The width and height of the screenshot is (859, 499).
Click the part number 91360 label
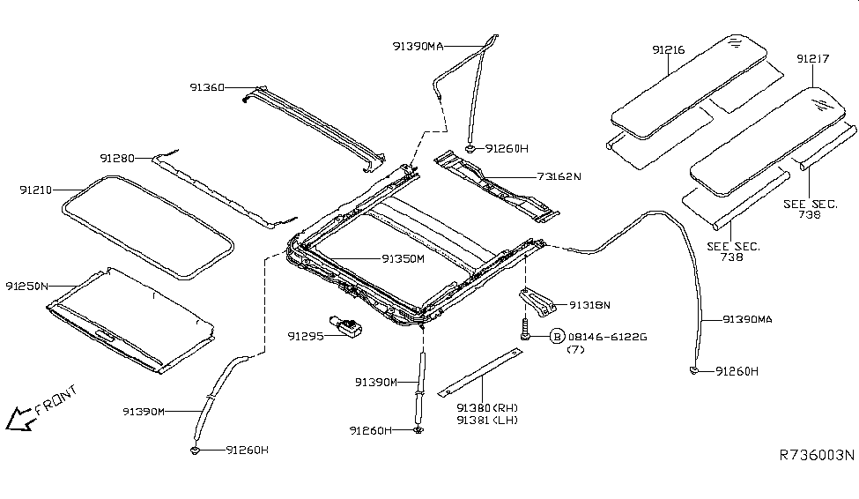(x=207, y=87)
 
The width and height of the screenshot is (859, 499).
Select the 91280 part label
(x=116, y=159)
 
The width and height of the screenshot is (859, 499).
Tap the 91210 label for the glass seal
(x=37, y=190)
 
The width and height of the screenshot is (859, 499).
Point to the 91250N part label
(x=26, y=286)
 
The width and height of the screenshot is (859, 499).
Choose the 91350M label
(x=403, y=259)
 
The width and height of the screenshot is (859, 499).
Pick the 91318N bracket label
(x=590, y=305)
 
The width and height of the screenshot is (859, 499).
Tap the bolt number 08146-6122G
(x=607, y=337)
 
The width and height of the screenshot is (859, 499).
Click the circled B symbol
(x=556, y=337)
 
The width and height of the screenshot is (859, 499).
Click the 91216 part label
(x=669, y=51)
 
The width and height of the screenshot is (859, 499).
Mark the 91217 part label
(x=813, y=59)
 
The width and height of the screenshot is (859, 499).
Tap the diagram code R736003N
(x=817, y=456)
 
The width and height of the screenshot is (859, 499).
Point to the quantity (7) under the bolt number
(x=575, y=350)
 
